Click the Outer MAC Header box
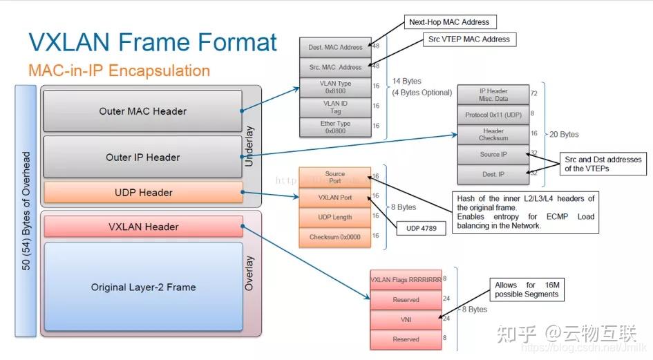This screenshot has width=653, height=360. [142, 111]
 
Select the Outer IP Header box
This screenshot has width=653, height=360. [142, 158]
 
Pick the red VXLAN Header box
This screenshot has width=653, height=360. [143, 227]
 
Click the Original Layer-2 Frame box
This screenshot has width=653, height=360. [143, 287]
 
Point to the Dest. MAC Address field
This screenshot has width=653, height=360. [335, 48]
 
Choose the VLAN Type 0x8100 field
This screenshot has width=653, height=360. [335, 87]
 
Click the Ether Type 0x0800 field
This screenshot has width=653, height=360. [335, 127]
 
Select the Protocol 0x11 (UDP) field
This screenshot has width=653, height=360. [493, 114]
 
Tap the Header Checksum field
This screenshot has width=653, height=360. [493, 134]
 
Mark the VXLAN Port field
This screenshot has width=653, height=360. [334, 198]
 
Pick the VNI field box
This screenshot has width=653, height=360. [406, 319]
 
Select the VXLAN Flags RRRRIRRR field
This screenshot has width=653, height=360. [406, 280]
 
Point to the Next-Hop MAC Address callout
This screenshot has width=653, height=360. [448, 22]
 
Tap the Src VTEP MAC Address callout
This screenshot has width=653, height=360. [469, 39]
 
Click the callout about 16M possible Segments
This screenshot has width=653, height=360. [525, 290]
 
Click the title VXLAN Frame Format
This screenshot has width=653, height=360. [153, 41]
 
